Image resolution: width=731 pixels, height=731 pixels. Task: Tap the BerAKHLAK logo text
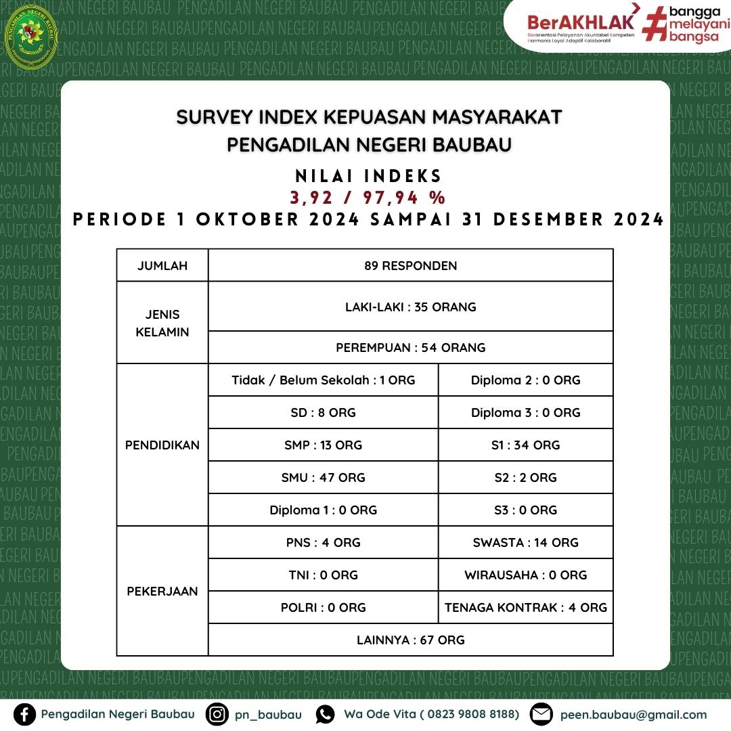point(581,21)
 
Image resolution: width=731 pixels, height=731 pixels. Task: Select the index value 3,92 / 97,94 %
point(368,198)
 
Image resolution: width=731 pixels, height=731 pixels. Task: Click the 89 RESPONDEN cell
point(410,265)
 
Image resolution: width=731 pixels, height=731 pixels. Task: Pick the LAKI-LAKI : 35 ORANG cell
point(410,307)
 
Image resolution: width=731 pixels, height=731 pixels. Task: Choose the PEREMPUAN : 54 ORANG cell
point(410,347)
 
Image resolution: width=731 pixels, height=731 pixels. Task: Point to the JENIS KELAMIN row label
point(162,323)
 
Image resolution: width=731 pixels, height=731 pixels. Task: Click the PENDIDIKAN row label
point(162,445)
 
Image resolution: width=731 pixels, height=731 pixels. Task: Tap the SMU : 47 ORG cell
point(323,477)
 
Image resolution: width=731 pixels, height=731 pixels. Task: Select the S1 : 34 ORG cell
point(525,445)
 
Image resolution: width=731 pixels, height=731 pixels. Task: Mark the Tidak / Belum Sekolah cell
point(323,380)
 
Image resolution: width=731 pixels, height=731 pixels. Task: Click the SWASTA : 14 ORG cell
point(525,542)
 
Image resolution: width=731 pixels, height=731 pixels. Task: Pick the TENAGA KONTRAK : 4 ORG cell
point(525,607)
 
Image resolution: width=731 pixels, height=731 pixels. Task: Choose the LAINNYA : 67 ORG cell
point(410,640)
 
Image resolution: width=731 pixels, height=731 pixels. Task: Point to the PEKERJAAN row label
point(162,591)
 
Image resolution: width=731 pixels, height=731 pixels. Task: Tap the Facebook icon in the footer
point(25,715)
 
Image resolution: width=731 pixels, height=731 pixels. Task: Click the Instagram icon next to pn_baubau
point(217,715)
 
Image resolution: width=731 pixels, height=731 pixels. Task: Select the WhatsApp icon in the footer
point(326,715)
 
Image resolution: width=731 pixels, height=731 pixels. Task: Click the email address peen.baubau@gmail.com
point(633,715)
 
